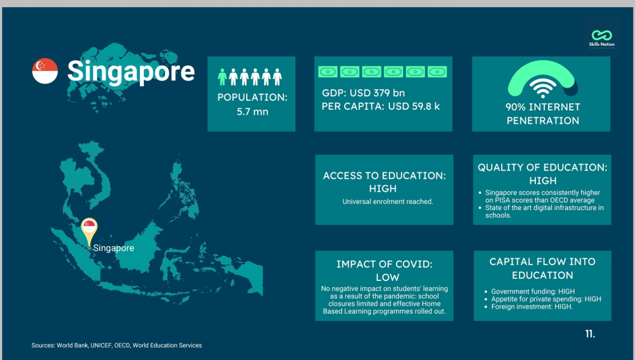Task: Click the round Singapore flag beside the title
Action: click(x=45, y=71)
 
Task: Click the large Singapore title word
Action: click(x=131, y=72)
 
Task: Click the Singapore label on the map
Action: click(x=114, y=248)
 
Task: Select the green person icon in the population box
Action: click(x=222, y=77)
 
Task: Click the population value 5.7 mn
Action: click(x=252, y=112)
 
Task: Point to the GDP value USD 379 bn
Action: click(x=377, y=93)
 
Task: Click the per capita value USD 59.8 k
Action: click(x=414, y=106)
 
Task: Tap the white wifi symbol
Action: click(x=543, y=88)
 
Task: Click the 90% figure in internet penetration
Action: click(x=516, y=107)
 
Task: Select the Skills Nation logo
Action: click(x=602, y=38)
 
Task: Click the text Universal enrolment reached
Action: click(x=388, y=202)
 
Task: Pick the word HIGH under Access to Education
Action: click(x=383, y=189)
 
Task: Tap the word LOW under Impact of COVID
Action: click(x=388, y=278)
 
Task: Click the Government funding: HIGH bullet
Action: click(x=533, y=291)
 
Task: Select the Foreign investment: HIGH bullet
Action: click(x=532, y=307)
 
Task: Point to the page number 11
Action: click(x=590, y=334)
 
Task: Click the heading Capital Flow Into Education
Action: click(x=543, y=269)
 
